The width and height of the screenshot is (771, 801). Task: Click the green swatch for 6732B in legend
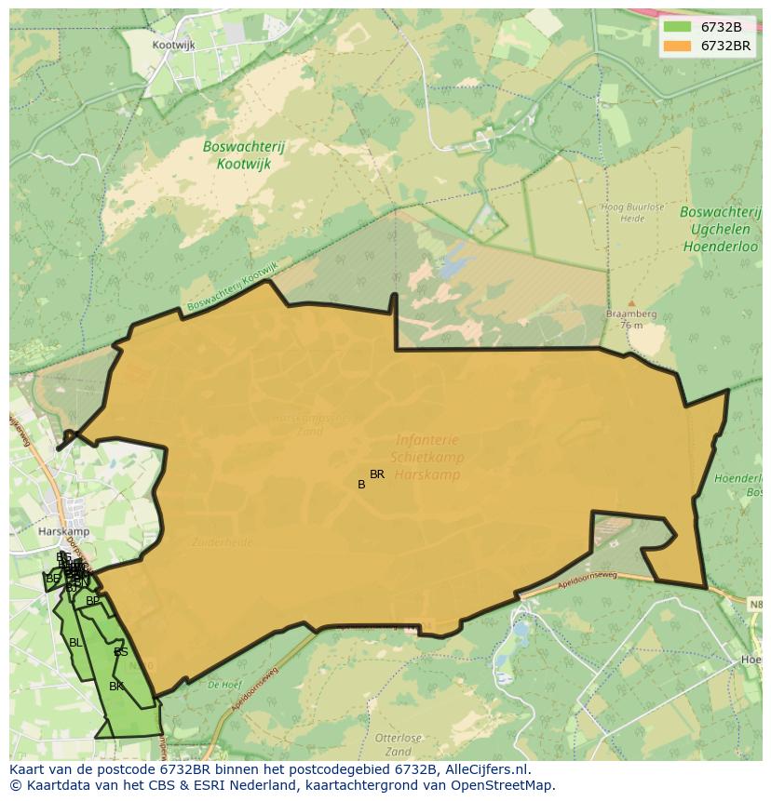point(677,27)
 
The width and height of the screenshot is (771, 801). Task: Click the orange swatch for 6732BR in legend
point(677,45)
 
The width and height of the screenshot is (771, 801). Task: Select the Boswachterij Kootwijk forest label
point(244,154)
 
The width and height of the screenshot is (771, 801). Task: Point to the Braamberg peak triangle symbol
point(630,303)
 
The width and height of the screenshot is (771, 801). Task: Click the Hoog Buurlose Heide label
point(623,213)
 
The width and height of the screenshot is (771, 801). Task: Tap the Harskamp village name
point(63,531)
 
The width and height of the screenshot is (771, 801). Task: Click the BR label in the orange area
point(377,474)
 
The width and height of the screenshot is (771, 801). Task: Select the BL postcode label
point(75,643)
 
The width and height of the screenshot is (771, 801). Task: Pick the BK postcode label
point(116,687)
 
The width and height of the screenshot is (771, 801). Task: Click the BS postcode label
point(121,652)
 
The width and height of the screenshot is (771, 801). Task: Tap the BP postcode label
point(92,601)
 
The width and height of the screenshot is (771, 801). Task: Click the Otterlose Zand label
point(399,744)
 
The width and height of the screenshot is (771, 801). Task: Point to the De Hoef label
point(224,684)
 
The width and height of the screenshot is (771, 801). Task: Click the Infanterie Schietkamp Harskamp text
point(427,457)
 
